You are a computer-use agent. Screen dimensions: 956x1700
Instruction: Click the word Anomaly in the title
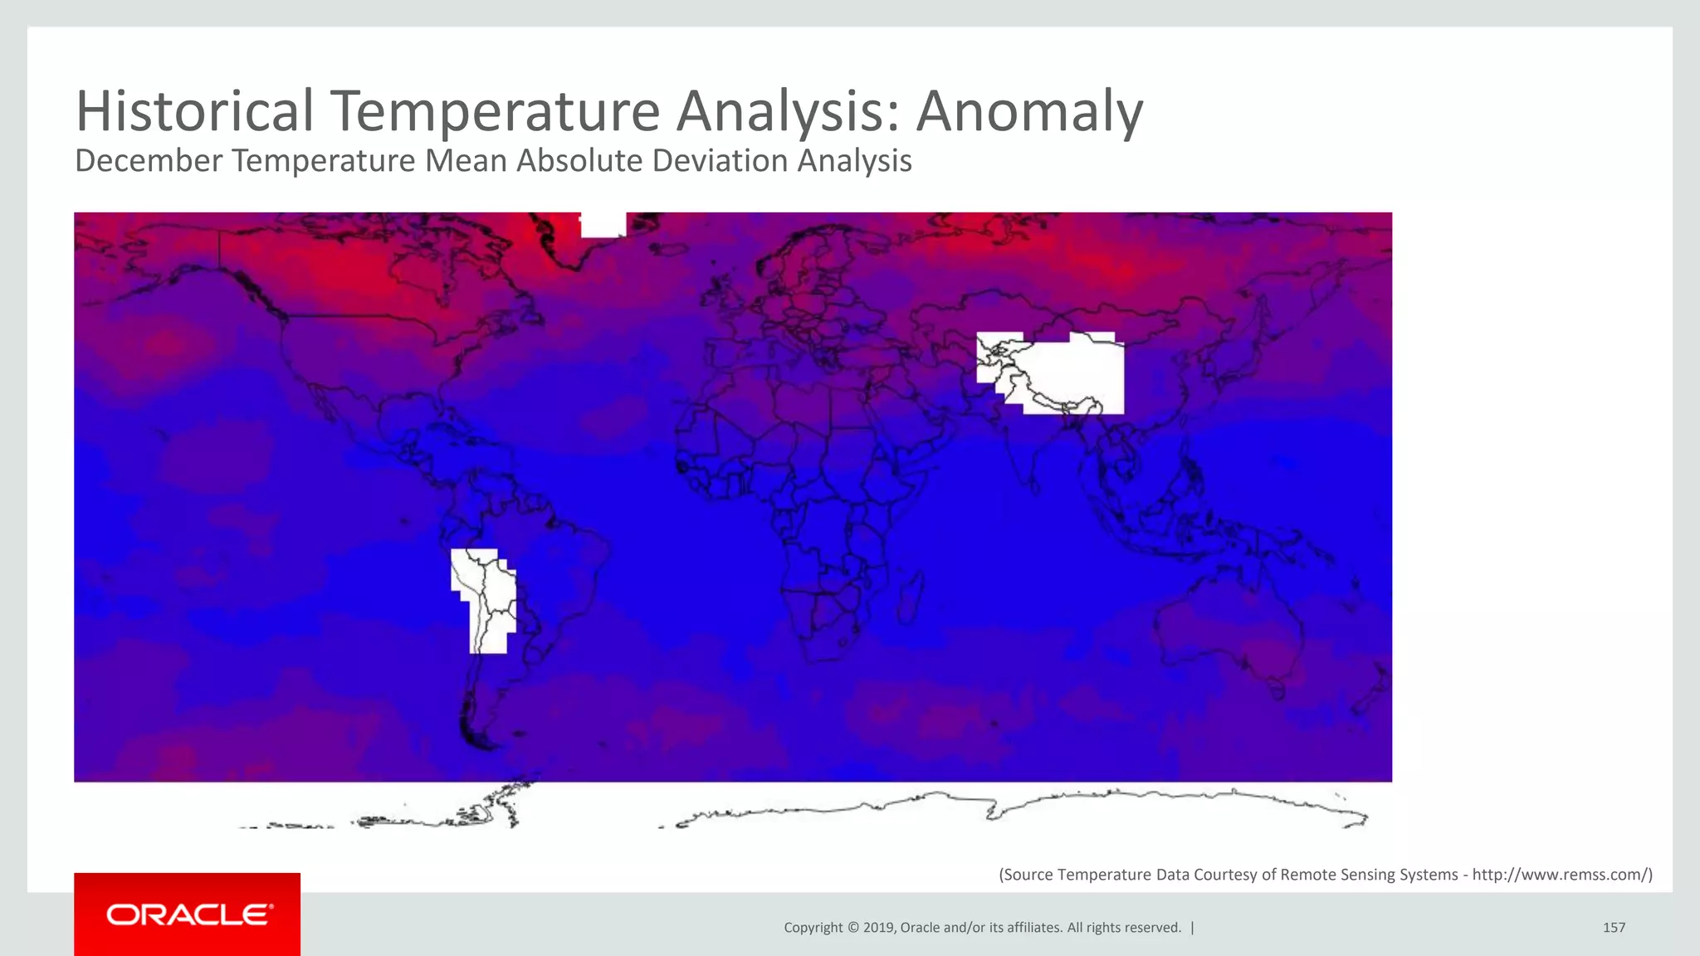pos(1029,112)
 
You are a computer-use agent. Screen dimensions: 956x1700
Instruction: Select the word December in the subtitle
pos(148,161)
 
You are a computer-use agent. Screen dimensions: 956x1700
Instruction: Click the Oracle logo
pos(188,915)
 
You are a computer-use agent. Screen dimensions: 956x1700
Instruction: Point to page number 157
pos(1614,928)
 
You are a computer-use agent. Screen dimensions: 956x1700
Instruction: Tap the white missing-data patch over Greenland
pos(603,224)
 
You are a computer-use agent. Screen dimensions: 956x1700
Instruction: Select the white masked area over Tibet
pos(1071,373)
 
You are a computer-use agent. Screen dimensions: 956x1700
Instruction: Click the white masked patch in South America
pos(484,597)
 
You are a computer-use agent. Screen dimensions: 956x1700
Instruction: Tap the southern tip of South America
pos(481,739)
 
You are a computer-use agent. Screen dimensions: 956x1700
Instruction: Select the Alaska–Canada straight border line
pos(219,249)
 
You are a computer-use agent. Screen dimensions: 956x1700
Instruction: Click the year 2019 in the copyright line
pos(878,928)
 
